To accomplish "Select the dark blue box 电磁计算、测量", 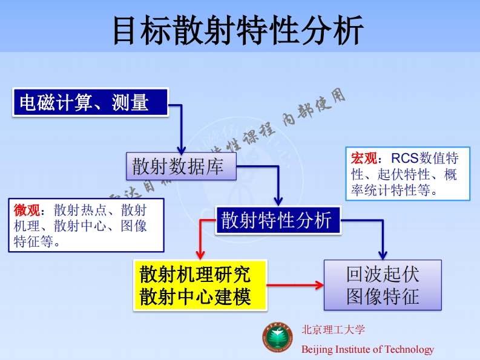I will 90,102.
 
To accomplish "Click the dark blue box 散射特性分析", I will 277,220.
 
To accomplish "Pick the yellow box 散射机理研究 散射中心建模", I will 200,285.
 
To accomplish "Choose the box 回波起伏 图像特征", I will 383,285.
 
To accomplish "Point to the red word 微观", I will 27,211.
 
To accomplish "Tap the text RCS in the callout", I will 403,159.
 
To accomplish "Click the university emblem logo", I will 278,339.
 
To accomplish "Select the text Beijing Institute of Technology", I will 367,349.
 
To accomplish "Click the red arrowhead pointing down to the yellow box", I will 200,255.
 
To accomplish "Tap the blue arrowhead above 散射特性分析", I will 278,202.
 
